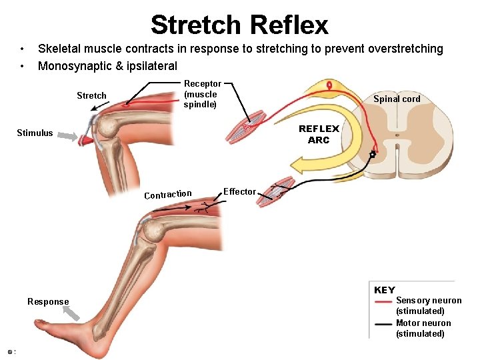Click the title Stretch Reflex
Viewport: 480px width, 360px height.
point(239,25)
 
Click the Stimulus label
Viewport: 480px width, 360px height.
point(35,133)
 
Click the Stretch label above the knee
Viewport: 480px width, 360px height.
point(91,95)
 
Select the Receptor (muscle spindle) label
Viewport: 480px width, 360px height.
point(202,94)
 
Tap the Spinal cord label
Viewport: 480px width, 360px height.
point(397,99)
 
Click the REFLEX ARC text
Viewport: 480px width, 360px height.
point(319,134)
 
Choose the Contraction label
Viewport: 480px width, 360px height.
point(168,195)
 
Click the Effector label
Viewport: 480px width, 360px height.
point(239,191)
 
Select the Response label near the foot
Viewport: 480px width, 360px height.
point(48,301)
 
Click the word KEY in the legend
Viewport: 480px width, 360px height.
point(385,290)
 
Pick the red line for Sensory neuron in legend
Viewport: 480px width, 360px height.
point(383,301)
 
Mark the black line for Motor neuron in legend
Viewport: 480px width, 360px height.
point(383,324)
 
